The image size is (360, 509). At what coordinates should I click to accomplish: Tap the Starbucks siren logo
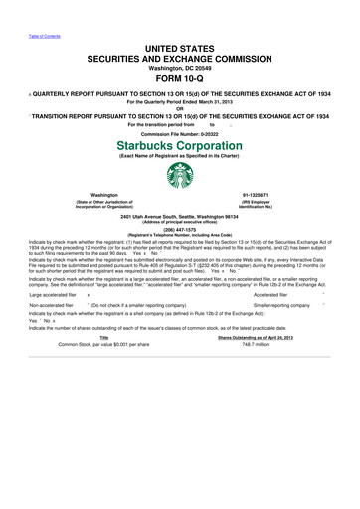coord(179,175)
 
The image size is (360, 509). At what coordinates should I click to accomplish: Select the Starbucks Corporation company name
coord(179,145)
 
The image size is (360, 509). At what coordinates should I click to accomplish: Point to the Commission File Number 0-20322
coord(179,132)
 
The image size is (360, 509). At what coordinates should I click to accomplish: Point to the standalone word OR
coord(179,107)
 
